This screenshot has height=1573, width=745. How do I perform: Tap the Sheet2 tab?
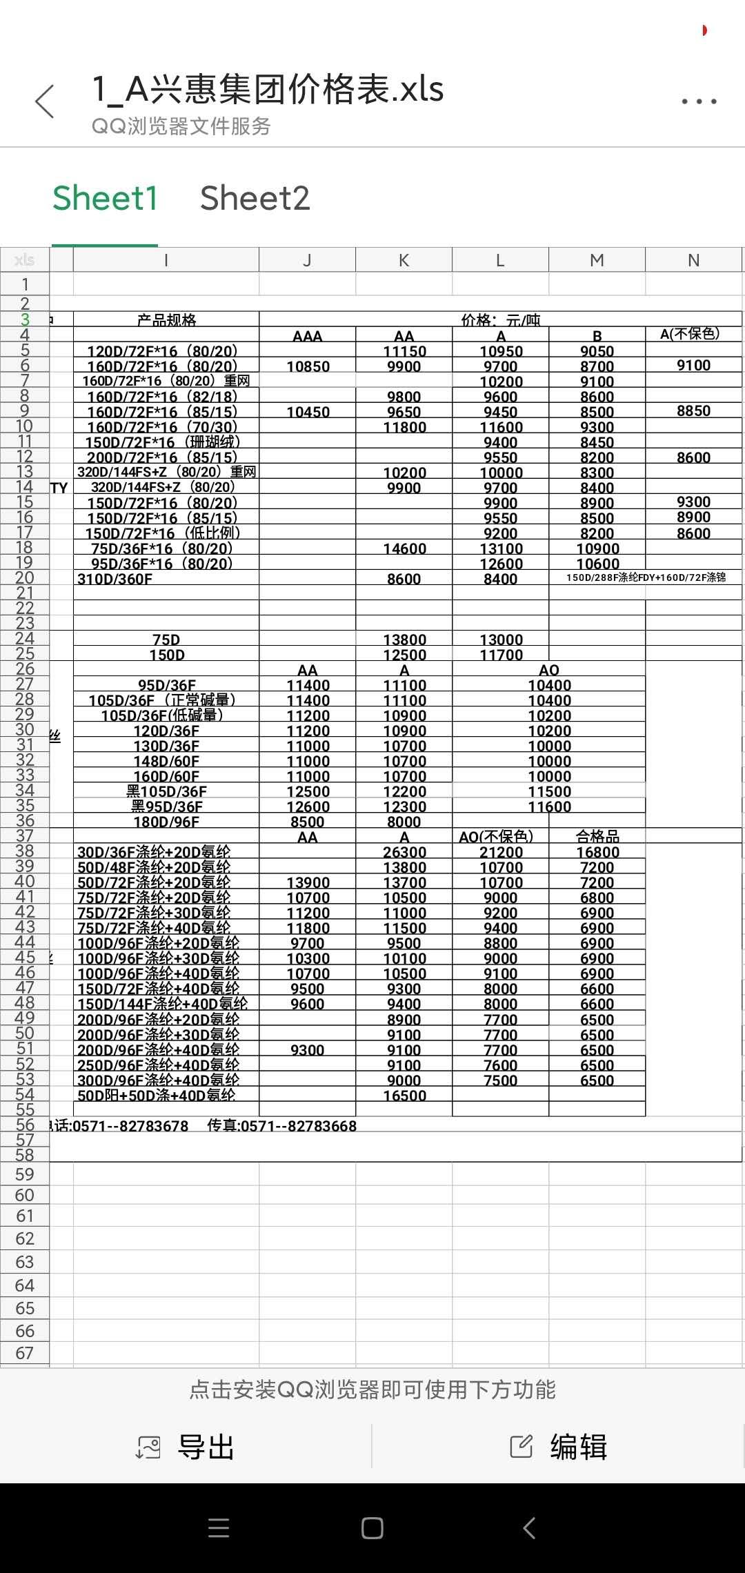[x=255, y=199]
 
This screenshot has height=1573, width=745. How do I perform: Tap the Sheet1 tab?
[x=105, y=199]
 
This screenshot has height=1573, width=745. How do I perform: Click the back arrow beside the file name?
[x=45, y=102]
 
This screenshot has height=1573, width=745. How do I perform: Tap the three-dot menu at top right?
[x=699, y=101]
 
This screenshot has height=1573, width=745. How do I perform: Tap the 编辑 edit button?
[x=559, y=1447]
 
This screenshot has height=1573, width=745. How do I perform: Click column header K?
[x=404, y=260]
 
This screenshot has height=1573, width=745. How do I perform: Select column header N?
[x=693, y=260]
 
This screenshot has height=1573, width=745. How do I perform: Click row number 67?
[x=25, y=1353]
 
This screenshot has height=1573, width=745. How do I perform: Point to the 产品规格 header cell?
[x=166, y=320]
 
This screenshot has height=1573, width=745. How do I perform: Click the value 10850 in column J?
[x=308, y=366]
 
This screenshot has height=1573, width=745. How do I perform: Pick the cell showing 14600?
[x=404, y=548]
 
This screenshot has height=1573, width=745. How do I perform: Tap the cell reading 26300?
[x=404, y=852]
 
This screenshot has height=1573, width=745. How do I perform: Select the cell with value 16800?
[x=597, y=852]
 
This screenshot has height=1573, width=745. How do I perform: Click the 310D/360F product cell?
[x=115, y=579]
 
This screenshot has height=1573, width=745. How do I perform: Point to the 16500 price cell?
[x=404, y=1096]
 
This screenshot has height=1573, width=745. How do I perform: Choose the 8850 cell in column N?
[x=693, y=410]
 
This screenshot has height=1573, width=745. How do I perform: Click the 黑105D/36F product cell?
[x=166, y=791]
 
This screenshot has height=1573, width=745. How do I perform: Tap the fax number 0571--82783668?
[x=282, y=1126]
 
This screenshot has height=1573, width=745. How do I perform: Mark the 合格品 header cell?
[x=597, y=837]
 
